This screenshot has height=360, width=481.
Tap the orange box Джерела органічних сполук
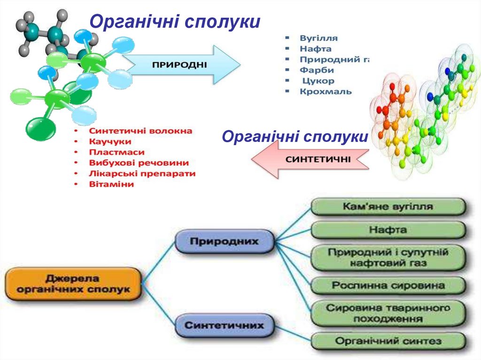pyautogui.click(x=73, y=284)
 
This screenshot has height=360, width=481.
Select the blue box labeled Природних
pyautogui.click(x=225, y=242)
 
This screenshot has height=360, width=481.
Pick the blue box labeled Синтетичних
pyautogui.click(x=225, y=325)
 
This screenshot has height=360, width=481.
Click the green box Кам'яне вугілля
pyautogui.click(x=388, y=207)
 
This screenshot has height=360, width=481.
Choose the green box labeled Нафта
pyautogui.click(x=388, y=230)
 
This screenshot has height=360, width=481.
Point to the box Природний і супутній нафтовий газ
pyautogui.click(x=388, y=258)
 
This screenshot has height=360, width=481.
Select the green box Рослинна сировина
pyautogui.click(x=388, y=285)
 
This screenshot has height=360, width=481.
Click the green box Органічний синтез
pyautogui.click(x=388, y=341)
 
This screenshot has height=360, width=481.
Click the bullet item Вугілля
pyautogui.click(x=318, y=38)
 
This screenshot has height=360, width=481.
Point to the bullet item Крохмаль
pyautogui.click(x=326, y=92)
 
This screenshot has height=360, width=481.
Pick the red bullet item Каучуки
pyautogui.click(x=110, y=141)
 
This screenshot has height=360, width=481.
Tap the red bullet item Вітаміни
pyautogui.click(x=111, y=184)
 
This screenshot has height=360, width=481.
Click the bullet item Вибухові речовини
pyautogui.click(x=139, y=163)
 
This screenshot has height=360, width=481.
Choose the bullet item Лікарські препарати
pyautogui.click(x=142, y=174)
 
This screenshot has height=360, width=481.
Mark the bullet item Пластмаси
pyautogui.click(x=116, y=152)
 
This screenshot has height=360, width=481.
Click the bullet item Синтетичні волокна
pyautogui.click(x=140, y=130)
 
